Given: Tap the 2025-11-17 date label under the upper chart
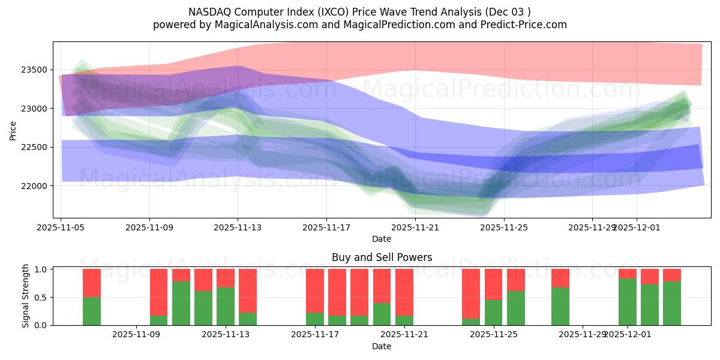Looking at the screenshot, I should [x=326, y=227].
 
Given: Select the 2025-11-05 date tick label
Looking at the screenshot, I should [x=61, y=227].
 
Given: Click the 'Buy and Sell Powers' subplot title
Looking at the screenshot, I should [x=382, y=257].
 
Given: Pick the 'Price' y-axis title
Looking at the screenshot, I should [x=13, y=130].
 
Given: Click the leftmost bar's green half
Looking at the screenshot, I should [x=92, y=311].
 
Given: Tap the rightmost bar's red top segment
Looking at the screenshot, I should [x=672, y=275].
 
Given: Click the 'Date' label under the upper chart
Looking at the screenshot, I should [x=382, y=239].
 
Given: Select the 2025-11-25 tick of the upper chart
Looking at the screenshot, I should [x=504, y=227].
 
